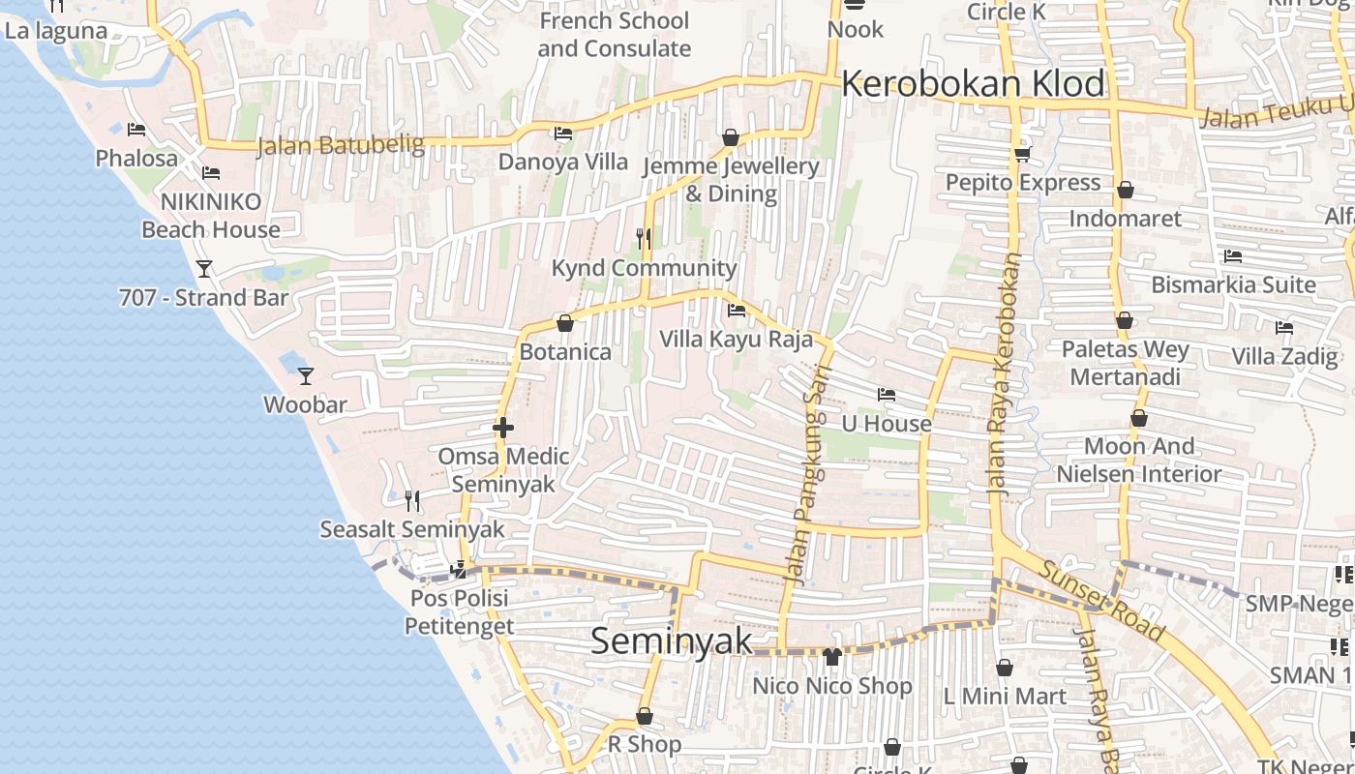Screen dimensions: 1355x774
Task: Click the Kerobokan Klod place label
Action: [x=972, y=84]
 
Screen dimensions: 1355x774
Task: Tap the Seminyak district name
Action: [x=671, y=640]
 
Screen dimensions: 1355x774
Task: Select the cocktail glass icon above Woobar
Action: [x=306, y=375]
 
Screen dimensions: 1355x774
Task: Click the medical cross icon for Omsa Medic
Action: [x=502, y=427]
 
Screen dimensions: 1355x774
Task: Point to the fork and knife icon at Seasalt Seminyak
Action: [x=412, y=500]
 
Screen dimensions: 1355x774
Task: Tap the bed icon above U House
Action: [x=886, y=395]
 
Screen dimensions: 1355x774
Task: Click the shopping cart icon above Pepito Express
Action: [x=1022, y=154]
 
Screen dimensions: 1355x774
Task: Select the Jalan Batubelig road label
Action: [x=341, y=146]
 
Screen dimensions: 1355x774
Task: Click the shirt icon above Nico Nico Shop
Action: [x=831, y=657]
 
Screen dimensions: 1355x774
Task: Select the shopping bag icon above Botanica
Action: [x=565, y=323]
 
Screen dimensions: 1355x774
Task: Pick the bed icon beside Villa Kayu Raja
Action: [x=736, y=311]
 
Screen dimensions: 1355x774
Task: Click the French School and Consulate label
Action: [x=614, y=34]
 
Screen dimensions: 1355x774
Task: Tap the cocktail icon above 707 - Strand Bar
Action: [x=204, y=268]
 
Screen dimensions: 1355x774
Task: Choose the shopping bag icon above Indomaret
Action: [x=1125, y=191]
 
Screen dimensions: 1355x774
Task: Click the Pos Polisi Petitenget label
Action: [x=459, y=611]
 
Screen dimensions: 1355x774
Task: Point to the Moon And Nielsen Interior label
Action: [x=1138, y=460]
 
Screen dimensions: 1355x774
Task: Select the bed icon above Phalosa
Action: [x=136, y=129]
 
